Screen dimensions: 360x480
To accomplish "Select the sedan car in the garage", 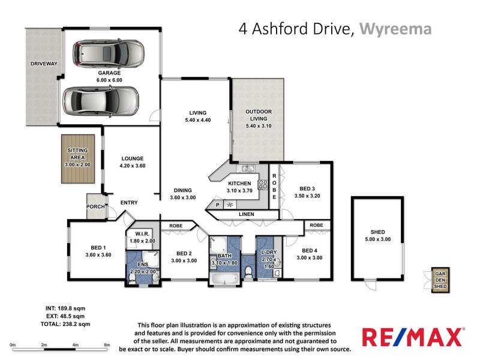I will click(101, 100).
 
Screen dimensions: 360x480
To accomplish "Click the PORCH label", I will click(95, 208).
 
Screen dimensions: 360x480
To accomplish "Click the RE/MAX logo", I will click(412, 337).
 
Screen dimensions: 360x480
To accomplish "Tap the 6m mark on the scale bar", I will click(107, 344).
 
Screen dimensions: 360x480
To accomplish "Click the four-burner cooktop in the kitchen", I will click(263, 185).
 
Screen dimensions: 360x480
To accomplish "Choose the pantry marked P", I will click(218, 205).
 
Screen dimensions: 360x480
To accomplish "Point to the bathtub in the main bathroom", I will click(223, 278).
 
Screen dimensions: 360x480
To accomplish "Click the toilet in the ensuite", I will click(133, 278).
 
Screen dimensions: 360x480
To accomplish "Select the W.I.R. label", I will click(142, 233).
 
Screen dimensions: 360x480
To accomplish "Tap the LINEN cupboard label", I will click(246, 214).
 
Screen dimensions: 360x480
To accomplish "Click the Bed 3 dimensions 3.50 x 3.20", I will click(308, 196).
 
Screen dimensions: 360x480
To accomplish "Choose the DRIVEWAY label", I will click(44, 63).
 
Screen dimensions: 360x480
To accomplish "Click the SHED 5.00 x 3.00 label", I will click(377, 236).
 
